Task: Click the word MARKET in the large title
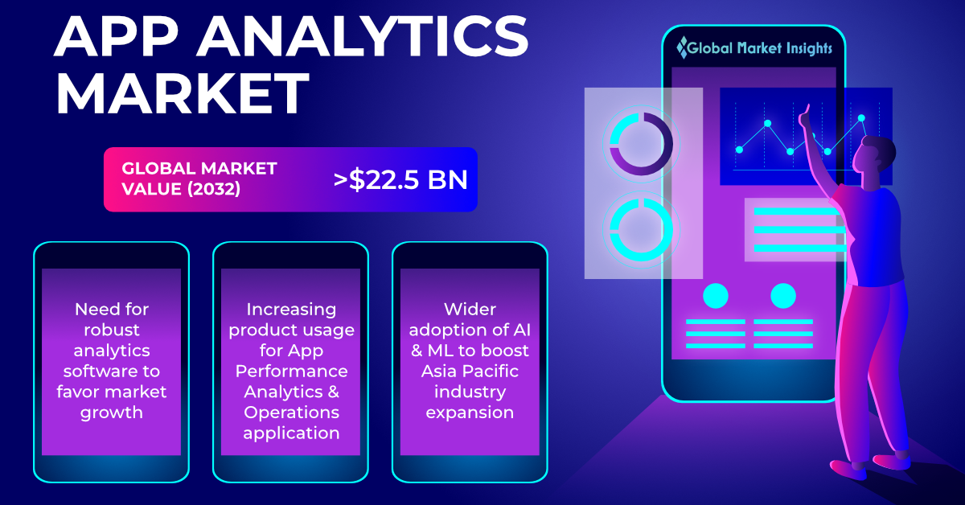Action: click(x=183, y=93)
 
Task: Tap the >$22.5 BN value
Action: click(x=400, y=179)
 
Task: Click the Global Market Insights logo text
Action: click(x=754, y=48)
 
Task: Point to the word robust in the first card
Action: click(x=112, y=330)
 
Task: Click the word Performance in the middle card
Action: click(x=291, y=371)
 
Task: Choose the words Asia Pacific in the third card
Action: click(x=470, y=371)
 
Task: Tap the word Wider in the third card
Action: click(x=470, y=309)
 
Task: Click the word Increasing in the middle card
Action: click(x=291, y=310)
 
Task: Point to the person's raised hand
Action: click(x=805, y=117)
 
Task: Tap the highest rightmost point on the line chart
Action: click(x=861, y=117)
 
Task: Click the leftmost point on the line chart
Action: click(x=739, y=150)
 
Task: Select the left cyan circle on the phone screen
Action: click(x=716, y=296)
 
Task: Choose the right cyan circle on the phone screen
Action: click(x=783, y=296)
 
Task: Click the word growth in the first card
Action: click(x=112, y=413)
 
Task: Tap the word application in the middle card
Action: click(x=291, y=433)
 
